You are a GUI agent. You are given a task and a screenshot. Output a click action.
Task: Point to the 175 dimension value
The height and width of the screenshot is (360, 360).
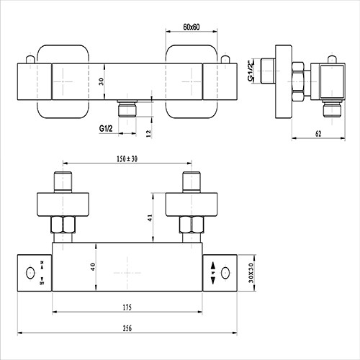click(128, 307)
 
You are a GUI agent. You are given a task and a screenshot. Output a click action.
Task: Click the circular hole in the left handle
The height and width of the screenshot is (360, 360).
click(30, 273)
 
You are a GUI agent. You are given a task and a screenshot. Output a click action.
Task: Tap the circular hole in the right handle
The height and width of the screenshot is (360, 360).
click(226, 273)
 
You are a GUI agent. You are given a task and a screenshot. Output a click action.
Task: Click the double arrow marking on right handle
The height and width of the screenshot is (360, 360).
click(212, 273)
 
